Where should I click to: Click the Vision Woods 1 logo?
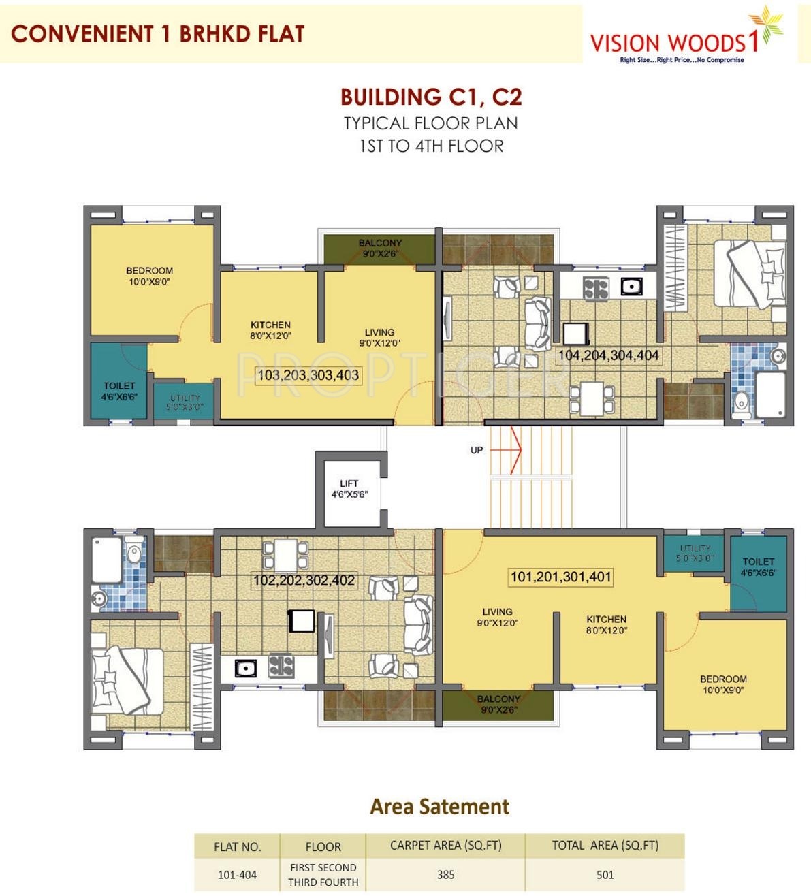pos(686,37)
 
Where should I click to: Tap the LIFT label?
pos(349,483)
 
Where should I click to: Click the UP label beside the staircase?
pos(477,450)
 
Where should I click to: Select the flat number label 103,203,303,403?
pos(308,374)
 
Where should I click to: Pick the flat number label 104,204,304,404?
pos(609,355)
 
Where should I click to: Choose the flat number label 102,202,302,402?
pos(304,580)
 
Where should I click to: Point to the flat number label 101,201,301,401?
pos(561,577)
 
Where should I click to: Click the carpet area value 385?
pos(445,874)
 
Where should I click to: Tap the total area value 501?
pos(605,874)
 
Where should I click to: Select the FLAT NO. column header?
pos(237,847)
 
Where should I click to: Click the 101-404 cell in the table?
pos(237,875)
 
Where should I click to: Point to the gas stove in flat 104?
pos(596,289)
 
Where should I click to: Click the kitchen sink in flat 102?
pos(245,669)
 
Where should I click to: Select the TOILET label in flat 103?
pos(119,385)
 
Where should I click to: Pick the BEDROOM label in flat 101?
pos(723,679)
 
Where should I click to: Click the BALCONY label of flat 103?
pos(380,243)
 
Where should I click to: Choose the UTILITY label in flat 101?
pos(695,548)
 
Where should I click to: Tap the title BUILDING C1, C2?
pos(431,97)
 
